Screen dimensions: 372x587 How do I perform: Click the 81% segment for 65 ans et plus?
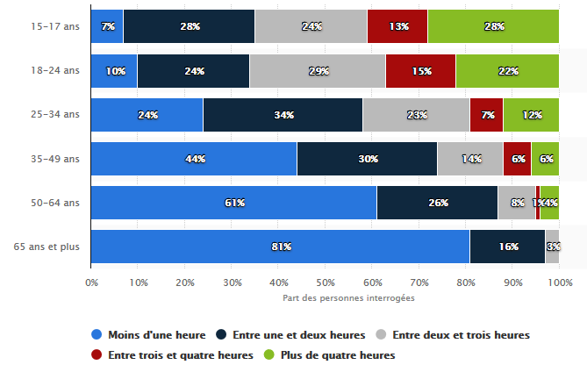280,247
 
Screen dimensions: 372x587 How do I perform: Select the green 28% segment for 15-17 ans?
493,26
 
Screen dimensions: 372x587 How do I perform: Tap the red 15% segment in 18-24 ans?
420,71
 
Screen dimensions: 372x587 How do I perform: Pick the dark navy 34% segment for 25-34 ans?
283,115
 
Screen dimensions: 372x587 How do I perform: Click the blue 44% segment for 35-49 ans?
194,159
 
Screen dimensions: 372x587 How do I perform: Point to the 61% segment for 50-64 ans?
233,203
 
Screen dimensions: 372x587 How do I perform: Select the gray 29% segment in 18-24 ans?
317,71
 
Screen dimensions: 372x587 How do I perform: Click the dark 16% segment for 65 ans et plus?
507,247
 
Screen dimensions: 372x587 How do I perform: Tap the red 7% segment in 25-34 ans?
486,115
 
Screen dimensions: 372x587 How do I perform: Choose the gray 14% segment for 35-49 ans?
469,159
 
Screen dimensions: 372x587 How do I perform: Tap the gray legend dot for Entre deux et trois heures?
382,335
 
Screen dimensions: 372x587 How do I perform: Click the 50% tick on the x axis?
325,283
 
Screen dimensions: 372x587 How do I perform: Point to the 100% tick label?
560,283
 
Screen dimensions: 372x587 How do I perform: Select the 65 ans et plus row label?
47,247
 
